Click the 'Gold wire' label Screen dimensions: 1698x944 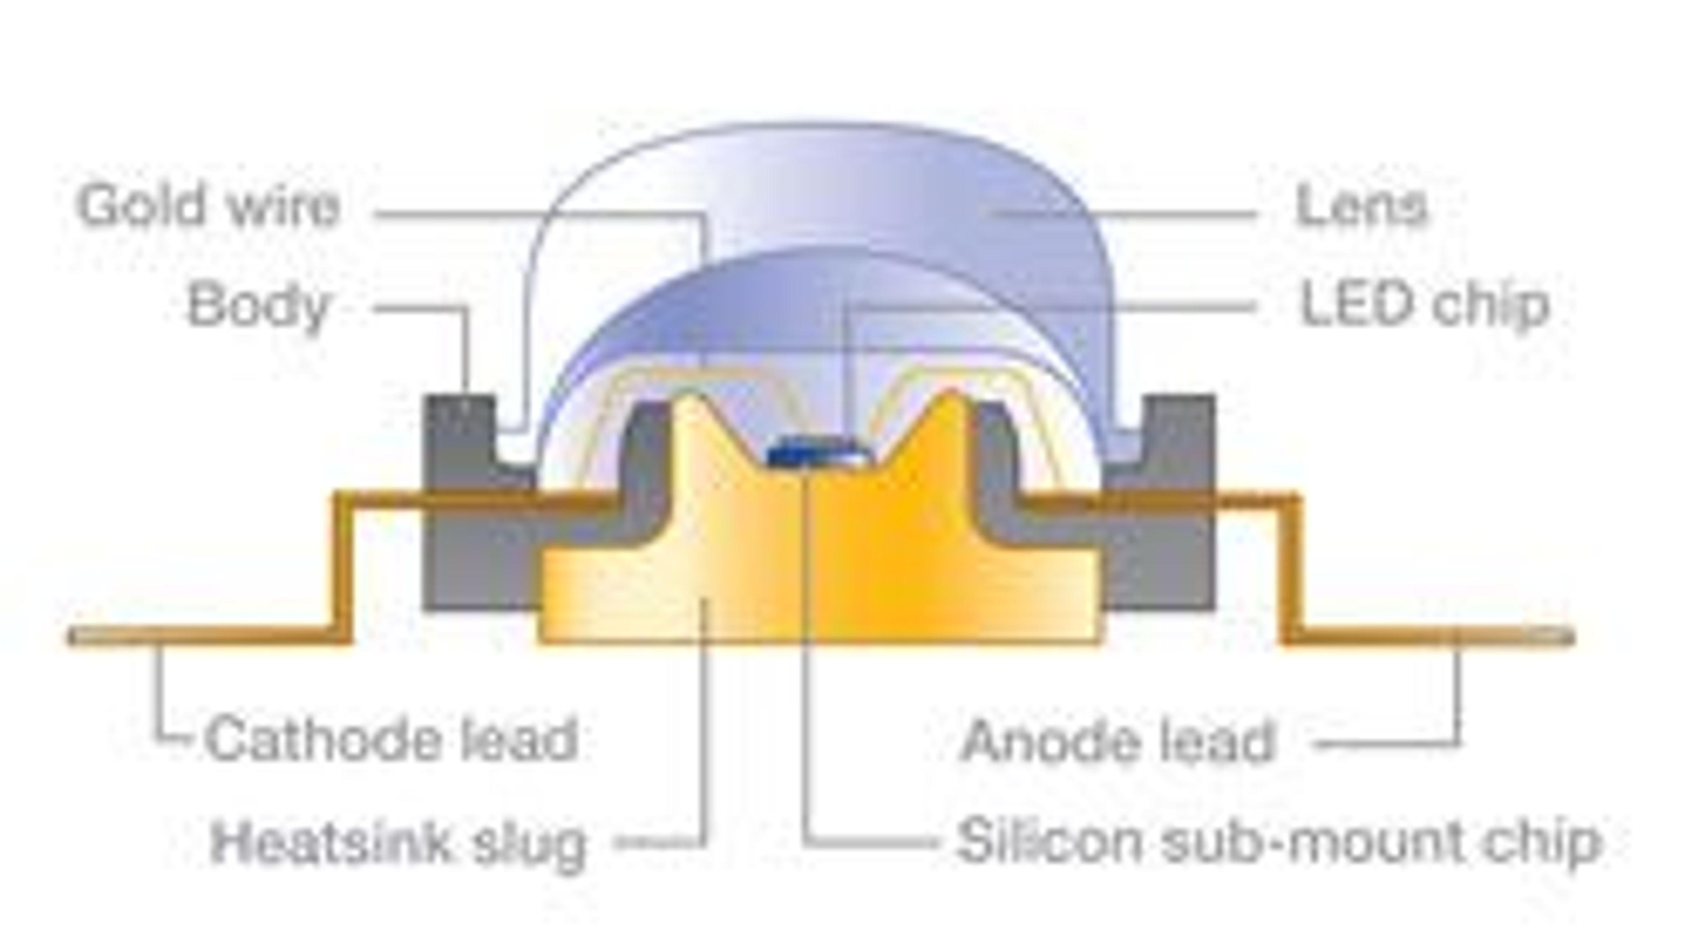point(208,206)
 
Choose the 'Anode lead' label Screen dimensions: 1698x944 point(1118,741)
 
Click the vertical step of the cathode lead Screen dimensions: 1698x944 point(343,567)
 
